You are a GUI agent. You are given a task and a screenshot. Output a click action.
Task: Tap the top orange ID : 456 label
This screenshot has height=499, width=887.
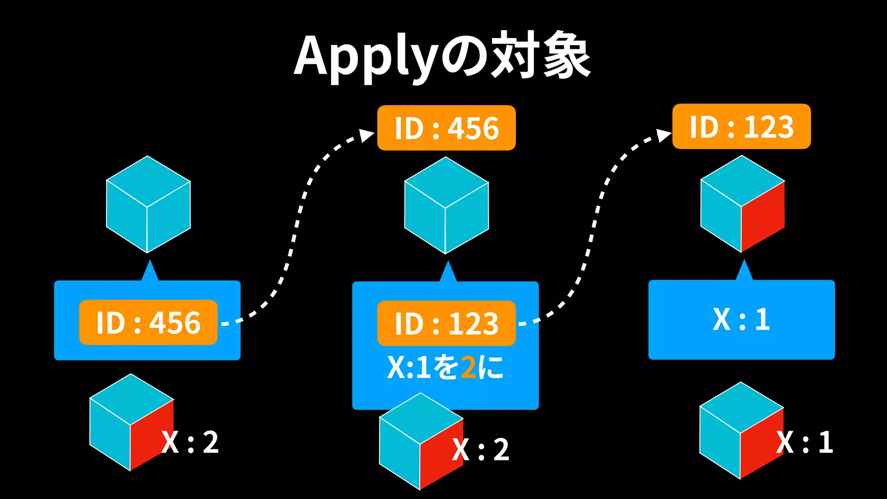(x=446, y=128)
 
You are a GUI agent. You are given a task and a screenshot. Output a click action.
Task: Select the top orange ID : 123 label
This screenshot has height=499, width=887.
(x=741, y=126)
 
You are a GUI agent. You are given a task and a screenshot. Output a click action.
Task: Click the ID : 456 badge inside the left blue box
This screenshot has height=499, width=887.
(x=148, y=322)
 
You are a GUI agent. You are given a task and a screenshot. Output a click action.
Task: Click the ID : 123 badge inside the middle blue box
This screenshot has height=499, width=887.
(x=446, y=324)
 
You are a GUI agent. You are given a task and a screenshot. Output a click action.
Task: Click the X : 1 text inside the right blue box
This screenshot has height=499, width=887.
(x=741, y=320)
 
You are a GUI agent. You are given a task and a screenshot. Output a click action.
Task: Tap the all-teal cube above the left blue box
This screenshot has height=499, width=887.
(x=148, y=204)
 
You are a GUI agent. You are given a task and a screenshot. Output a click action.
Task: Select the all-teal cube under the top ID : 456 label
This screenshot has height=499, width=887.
(x=446, y=205)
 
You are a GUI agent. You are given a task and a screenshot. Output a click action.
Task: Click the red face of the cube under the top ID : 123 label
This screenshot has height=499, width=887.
(x=763, y=217)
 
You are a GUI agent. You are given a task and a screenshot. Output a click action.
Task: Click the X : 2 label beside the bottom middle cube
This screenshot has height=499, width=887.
(x=481, y=450)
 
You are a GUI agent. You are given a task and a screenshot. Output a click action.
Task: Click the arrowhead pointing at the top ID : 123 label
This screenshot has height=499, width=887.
(x=663, y=135)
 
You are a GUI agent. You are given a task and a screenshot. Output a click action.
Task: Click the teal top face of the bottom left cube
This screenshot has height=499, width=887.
(x=131, y=399)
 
